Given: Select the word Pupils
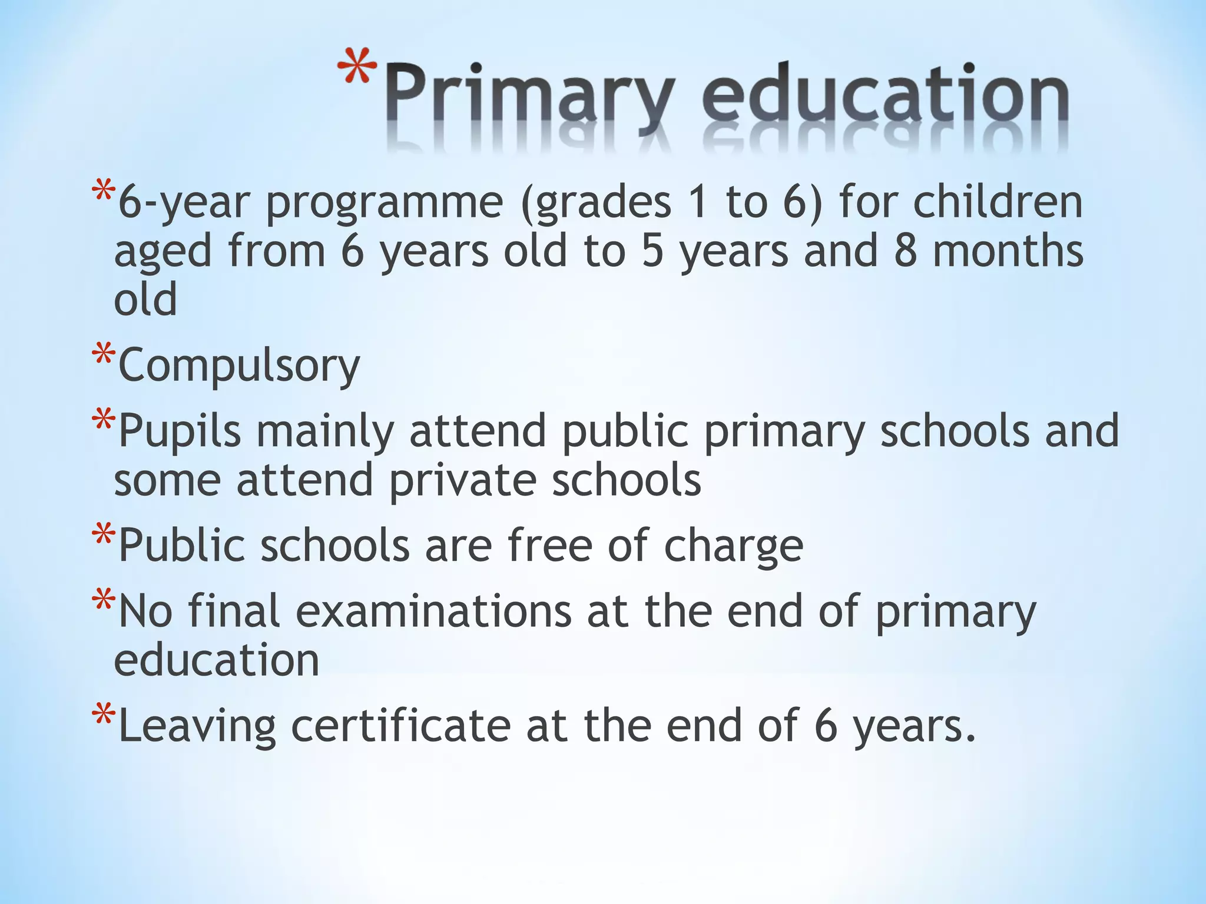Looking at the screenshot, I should coord(180,431).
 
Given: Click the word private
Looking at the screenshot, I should coord(462,481).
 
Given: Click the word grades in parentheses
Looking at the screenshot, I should coord(595,203).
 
